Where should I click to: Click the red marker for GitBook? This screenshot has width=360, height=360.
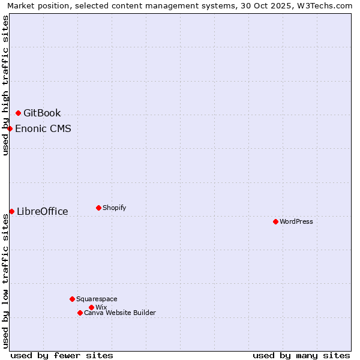tap(18, 113)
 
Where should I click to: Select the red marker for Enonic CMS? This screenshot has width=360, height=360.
tap(10, 128)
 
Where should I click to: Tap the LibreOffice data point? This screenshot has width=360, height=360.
tap(12, 211)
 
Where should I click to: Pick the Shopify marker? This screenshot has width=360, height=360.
tap(98, 208)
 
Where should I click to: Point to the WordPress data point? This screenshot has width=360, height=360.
tap(275, 221)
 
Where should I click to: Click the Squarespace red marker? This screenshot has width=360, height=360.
tap(72, 299)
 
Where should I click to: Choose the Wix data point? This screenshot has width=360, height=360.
tap(91, 307)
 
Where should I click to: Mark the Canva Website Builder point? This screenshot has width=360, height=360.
tap(80, 313)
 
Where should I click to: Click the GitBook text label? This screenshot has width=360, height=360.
tap(42, 113)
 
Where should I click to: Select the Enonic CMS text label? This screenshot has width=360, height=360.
tap(43, 128)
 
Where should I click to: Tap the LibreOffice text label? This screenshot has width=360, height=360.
tap(43, 211)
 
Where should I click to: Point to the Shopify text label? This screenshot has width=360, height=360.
tap(115, 208)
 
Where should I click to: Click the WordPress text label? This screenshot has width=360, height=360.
tap(296, 221)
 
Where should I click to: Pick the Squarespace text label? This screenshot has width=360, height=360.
tap(97, 299)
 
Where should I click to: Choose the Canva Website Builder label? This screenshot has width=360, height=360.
tap(120, 313)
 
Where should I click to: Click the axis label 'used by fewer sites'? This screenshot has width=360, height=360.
tap(62, 355)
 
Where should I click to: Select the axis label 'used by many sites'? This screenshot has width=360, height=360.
tap(301, 355)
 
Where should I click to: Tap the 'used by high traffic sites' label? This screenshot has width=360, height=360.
tap(5, 85)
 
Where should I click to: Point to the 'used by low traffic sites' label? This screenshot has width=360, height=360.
tap(5, 281)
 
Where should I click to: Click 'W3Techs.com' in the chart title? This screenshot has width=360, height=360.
tap(326, 5)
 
